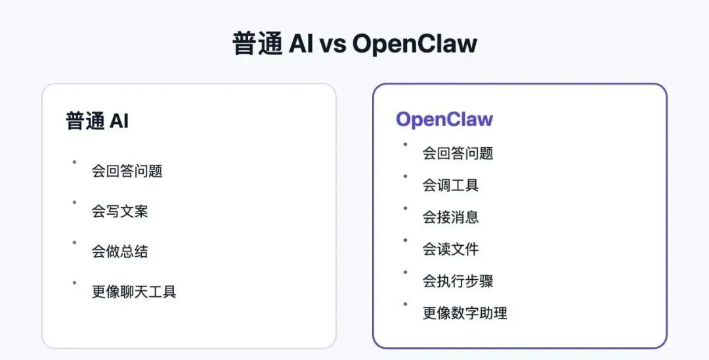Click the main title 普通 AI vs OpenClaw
pos(354,44)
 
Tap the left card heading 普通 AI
pos(97,121)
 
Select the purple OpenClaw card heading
pos(444,120)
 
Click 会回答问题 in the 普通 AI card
pos(127,171)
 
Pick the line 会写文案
pos(119,212)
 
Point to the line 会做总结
pos(119,252)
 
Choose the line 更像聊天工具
pos(134,292)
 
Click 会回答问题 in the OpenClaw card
pos(458,154)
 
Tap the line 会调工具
pos(450,185)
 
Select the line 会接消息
pos(450,217)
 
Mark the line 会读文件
pos(450,250)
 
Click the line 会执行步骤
pos(458,281)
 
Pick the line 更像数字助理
pos(465,313)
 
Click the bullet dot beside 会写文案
pos(74,202)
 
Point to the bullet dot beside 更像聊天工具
pos(74,282)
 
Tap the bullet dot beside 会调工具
pos(405,176)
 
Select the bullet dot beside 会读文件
pos(405,240)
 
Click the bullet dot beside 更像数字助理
pos(405,304)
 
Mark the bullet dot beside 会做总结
pos(74,242)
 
